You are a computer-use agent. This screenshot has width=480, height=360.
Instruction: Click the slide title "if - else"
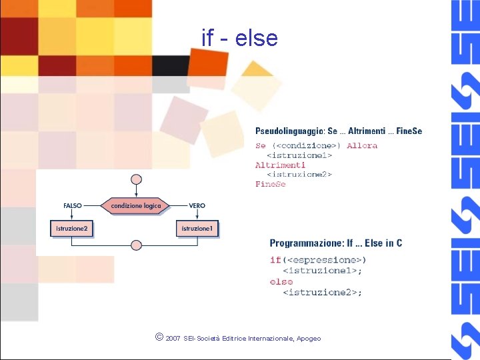[x=239, y=38]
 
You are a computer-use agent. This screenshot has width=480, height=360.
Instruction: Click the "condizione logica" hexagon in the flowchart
[x=136, y=206]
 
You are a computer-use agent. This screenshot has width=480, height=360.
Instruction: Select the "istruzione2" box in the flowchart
[x=71, y=229]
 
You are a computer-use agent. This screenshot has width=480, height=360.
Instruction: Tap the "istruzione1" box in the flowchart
[x=197, y=229]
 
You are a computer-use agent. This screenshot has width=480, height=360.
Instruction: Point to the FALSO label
[x=73, y=206]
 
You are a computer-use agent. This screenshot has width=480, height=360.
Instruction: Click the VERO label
[x=197, y=206]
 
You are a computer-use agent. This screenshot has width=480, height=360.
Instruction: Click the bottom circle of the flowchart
[x=136, y=245]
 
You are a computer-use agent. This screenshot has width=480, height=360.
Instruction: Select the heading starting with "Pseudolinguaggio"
[x=339, y=131]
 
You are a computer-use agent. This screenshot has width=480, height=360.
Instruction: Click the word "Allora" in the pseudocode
[x=362, y=145]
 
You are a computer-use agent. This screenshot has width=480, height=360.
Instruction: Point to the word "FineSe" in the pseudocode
[x=271, y=184]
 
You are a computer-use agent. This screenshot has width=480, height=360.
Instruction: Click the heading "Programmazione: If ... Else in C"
[x=336, y=243]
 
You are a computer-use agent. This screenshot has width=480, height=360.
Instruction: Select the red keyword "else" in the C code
[x=281, y=282]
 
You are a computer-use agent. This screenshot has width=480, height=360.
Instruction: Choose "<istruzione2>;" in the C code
[x=323, y=292]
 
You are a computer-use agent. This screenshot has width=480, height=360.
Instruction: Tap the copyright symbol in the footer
[x=158, y=337]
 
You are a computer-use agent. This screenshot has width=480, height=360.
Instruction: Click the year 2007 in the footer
[x=173, y=339]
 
